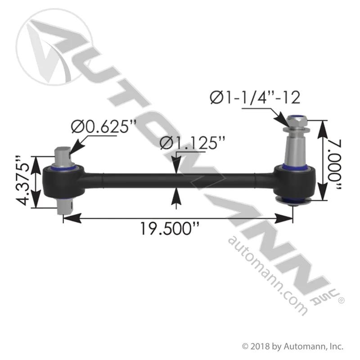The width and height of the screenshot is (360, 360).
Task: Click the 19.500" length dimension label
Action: click(170, 229)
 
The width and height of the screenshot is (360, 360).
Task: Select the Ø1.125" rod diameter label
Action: click(193, 143)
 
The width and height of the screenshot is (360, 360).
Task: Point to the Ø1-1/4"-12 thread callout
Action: click(255, 97)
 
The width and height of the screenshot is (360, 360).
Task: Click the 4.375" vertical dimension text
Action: click(23, 181)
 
